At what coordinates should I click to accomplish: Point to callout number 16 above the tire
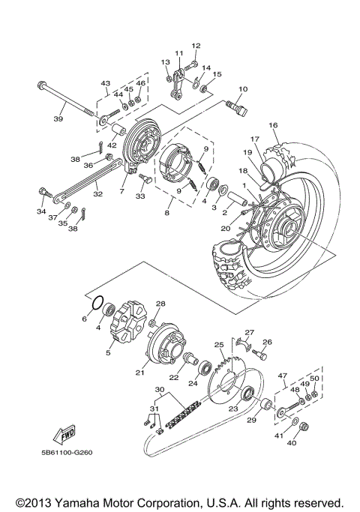(x=273, y=125)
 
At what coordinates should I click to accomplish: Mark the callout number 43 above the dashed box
(x=105, y=83)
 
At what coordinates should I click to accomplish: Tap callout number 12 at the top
(x=196, y=46)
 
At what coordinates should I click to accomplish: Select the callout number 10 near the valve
(x=241, y=90)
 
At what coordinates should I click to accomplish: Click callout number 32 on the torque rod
(x=98, y=193)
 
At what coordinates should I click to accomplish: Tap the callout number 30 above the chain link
(x=158, y=391)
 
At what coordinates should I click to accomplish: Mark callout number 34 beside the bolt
(x=41, y=211)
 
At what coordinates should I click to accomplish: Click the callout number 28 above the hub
(x=159, y=304)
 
